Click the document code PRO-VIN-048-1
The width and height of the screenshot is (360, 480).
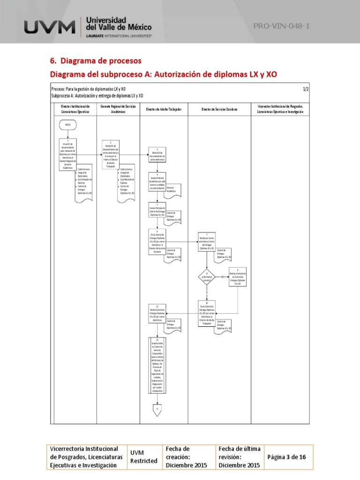click(x=281, y=26)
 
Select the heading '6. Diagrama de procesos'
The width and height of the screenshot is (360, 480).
click(x=95, y=61)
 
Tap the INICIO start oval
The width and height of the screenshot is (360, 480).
click(x=68, y=125)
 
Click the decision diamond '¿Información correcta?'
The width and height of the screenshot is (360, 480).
click(x=207, y=277)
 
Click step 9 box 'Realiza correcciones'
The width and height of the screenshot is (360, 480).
click(x=237, y=277)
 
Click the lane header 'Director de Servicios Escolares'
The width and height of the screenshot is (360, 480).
click(x=219, y=109)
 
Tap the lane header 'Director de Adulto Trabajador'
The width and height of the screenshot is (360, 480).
click(x=164, y=109)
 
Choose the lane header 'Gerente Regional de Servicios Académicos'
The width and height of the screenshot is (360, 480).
click(x=118, y=109)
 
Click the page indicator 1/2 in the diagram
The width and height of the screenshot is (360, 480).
click(x=306, y=89)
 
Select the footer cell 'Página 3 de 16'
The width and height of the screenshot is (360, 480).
click(x=286, y=457)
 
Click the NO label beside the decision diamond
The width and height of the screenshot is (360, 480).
click(x=223, y=277)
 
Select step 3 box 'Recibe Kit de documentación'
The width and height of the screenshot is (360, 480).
click(x=157, y=155)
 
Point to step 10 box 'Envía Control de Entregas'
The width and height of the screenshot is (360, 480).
click(x=207, y=313)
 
